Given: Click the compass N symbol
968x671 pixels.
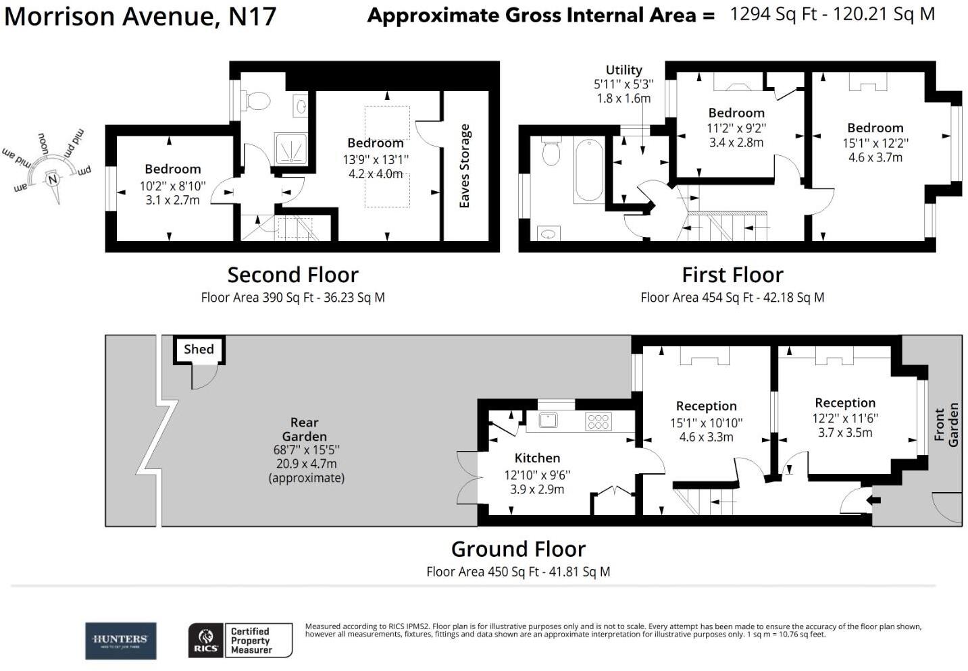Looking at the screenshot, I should [52, 179].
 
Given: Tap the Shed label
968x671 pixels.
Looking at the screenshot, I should [199, 349].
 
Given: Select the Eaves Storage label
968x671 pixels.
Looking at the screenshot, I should [464, 166].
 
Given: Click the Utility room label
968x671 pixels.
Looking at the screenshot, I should [623, 70].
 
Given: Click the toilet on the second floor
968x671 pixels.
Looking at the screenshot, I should [257, 101].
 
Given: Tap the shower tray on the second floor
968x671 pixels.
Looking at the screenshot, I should [290, 148].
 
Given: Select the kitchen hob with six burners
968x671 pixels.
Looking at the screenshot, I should [598, 421].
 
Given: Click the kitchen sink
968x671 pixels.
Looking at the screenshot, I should [548, 420].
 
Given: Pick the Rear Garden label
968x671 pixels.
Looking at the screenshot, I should [305, 429].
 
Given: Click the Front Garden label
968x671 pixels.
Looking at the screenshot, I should [946, 425].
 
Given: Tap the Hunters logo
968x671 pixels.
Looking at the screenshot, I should [120, 641].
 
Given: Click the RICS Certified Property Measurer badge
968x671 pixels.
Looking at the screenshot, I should [240, 641].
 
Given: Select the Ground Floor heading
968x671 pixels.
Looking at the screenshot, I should [518, 549].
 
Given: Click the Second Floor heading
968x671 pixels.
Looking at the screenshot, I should [292, 275].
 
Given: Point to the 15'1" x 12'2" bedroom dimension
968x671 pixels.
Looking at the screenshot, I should [875, 143].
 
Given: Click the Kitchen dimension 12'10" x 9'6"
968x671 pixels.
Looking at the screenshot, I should [537, 475].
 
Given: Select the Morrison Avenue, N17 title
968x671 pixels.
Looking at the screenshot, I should [141, 16].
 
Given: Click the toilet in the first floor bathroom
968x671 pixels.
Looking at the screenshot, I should [551, 153].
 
